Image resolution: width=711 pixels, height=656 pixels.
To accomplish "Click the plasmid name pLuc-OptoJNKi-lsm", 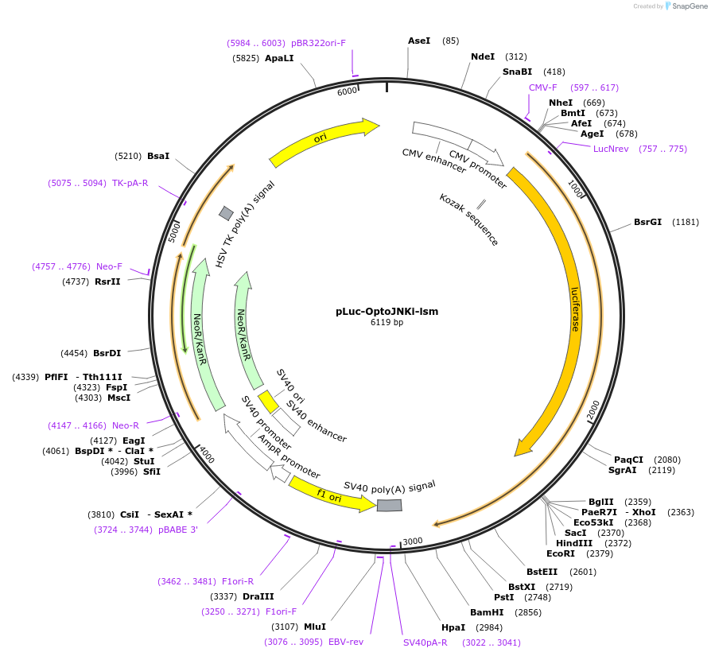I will tap(387, 311).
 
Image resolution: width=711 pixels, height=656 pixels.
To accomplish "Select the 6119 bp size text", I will tap(387, 322).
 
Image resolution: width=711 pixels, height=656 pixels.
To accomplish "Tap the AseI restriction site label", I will tap(419, 41).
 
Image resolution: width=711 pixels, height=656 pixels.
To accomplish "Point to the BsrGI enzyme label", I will tap(647, 222).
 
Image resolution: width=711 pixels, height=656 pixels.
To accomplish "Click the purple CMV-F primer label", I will tap(543, 87).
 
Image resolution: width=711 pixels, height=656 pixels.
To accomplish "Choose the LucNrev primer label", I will tap(611, 149).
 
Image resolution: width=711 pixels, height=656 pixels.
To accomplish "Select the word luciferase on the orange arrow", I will tap(575, 309).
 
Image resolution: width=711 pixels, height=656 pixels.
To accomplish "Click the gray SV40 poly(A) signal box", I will tap(389, 505).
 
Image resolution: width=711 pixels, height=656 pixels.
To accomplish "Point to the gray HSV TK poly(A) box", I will tap(226, 213).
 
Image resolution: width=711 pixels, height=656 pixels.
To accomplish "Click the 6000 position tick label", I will tap(348, 91).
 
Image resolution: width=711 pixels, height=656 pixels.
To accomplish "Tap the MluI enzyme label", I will tap(315, 627).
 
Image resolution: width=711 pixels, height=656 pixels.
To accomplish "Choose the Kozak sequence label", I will tap(469, 219).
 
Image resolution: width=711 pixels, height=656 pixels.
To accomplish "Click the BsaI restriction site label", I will tap(158, 156).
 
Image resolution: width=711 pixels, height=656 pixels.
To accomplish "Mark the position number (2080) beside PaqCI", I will tap(666, 460).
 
